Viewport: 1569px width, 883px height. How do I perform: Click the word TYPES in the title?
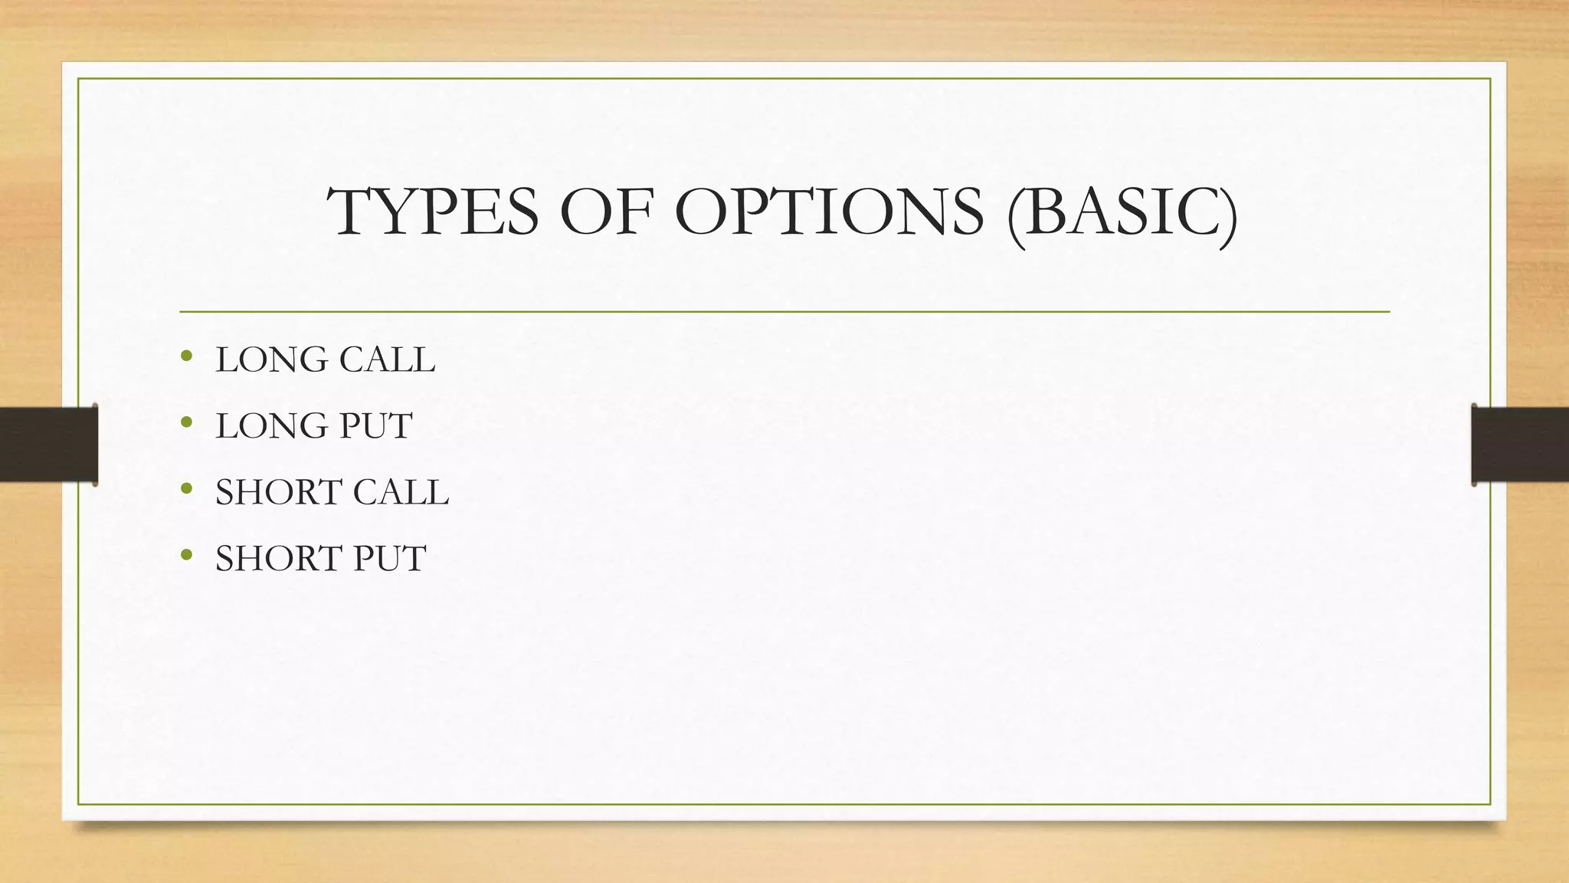point(433,212)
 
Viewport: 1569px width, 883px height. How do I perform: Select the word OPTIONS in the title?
point(829,212)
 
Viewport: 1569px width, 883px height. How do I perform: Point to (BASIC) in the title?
point(1122,212)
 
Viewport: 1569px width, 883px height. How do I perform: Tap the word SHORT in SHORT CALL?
point(278,492)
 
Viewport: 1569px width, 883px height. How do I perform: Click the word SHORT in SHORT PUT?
point(278,559)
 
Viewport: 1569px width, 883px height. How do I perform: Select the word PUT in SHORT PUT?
point(389,559)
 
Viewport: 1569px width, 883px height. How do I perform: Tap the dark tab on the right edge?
point(1520,445)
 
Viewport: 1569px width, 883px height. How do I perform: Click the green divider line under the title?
point(784,312)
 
